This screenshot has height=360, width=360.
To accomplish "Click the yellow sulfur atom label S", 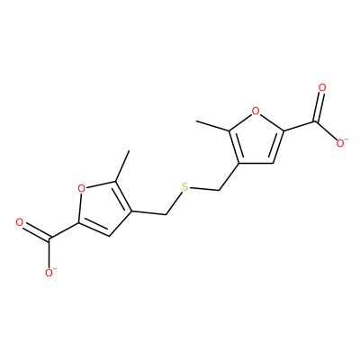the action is click(185, 187).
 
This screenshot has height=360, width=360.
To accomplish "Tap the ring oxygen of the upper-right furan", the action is click(256, 112).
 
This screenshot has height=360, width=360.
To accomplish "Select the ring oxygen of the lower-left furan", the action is click(81, 189).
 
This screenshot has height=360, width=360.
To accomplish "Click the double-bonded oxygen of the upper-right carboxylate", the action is click(322, 88).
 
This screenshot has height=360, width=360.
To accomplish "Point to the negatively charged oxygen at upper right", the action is click(341, 143).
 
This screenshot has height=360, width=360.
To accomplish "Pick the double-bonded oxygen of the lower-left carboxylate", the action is click(20, 222).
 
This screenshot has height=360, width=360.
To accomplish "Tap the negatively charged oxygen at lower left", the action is click(49, 273).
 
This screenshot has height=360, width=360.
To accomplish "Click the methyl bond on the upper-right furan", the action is click(212, 126).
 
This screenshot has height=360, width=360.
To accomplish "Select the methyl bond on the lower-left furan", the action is click(122, 166).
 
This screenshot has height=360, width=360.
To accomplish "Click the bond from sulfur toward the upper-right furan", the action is click(204, 189).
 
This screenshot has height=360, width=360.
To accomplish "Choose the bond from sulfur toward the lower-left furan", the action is click(174, 203).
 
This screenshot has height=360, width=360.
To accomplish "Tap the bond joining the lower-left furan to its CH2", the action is click(148, 212).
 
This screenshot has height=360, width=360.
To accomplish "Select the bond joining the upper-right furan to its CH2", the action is click(229, 176).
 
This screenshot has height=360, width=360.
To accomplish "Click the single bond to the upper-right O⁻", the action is click(326, 130).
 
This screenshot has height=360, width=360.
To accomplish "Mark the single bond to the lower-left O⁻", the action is click(49, 253).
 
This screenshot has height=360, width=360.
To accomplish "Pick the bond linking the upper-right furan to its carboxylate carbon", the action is click(299, 126).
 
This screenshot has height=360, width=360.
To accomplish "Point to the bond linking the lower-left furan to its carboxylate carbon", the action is click(64, 231).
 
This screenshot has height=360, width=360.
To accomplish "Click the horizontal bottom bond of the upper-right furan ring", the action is click(256, 164).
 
